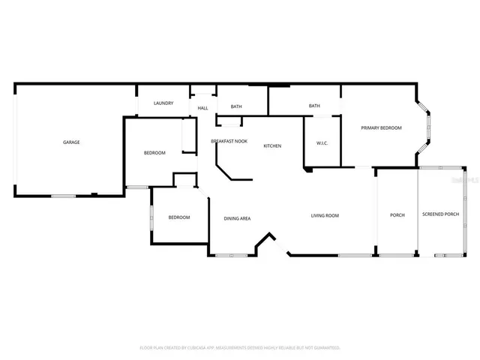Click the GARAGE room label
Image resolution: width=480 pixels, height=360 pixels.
pos(71,142)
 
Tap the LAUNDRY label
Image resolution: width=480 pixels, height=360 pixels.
pos(163,103)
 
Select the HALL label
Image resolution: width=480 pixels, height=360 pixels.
pos(202,108)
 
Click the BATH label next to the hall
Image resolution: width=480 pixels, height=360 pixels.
pos(236,106)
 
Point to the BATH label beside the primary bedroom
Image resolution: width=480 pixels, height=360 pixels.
pos(314,106)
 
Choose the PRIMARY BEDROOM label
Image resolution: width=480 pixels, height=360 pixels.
pos(381,127)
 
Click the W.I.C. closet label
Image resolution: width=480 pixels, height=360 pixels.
pos(322,143)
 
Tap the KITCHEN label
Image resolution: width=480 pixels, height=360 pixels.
pos(272,145)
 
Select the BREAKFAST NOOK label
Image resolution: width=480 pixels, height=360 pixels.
pos(229,141)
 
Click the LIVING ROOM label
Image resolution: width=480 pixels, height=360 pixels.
pos(325,215)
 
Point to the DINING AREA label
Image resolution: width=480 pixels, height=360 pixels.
pos(237,218)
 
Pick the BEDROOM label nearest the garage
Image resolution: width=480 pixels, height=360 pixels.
pos(154,153)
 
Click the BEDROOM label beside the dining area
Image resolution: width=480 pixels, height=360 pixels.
pos(178,217)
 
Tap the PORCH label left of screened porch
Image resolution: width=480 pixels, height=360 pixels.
pos(397,215)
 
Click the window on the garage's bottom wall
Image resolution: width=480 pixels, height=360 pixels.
pos(63,196)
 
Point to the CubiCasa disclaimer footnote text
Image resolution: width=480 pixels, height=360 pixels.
pos(240,348)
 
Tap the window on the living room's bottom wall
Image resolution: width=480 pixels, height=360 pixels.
pos(354,256)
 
